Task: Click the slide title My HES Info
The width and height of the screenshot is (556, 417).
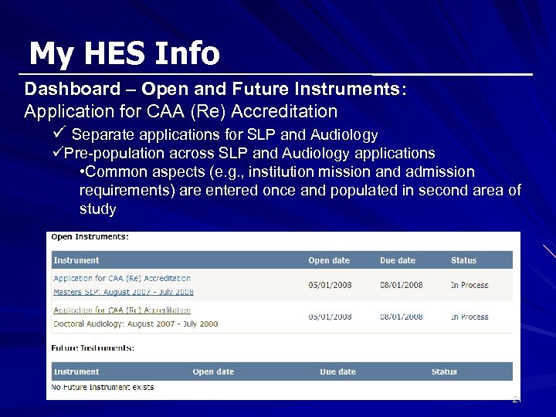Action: (x=124, y=54)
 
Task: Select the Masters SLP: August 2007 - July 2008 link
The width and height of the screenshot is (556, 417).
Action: (x=123, y=292)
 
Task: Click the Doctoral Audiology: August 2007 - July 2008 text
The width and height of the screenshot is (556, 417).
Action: (x=135, y=324)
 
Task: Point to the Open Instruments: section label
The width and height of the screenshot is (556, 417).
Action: (x=90, y=236)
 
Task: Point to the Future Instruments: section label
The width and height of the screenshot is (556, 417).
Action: (x=92, y=348)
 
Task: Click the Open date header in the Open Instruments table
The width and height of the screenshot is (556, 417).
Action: (x=329, y=261)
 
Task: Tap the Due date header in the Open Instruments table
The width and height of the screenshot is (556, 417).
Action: (x=397, y=261)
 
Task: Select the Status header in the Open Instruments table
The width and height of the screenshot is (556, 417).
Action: (x=463, y=261)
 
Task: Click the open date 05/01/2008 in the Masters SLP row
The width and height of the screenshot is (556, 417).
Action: (x=330, y=285)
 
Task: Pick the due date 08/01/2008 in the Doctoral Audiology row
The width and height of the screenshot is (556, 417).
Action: (x=401, y=317)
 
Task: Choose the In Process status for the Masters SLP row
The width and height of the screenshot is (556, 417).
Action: (x=470, y=285)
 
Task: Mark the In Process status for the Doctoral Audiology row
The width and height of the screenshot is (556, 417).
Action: (x=470, y=317)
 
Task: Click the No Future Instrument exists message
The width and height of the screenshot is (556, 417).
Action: (x=103, y=387)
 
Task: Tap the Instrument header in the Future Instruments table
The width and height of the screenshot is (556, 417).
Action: (x=76, y=371)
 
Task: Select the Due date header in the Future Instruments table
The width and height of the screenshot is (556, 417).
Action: (x=337, y=371)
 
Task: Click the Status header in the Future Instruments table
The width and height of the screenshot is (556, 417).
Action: (x=444, y=371)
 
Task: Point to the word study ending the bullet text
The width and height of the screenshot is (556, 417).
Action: (x=98, y=209)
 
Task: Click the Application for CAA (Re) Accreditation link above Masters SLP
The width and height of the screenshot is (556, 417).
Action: (x=122, y=278)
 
